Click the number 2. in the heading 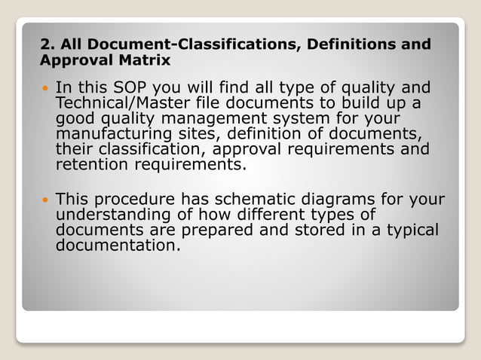click(47, 44)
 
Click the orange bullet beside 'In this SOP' click(44, 90)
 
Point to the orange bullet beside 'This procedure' click(44, 201)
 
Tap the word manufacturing click(117, 134)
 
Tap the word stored click(318, 230)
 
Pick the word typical click(411, 230)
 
